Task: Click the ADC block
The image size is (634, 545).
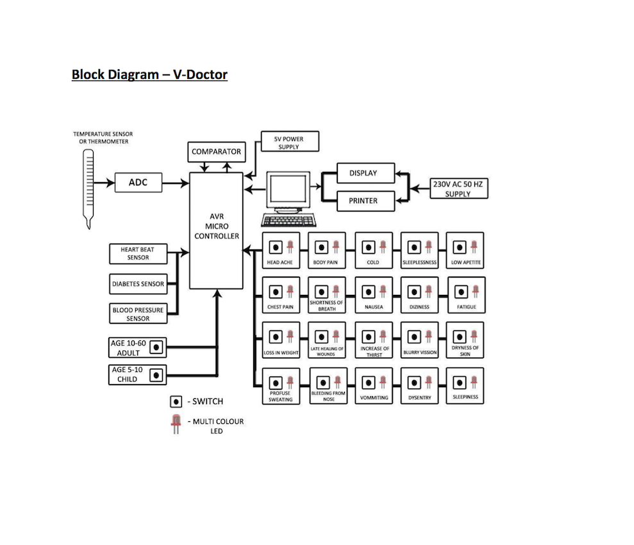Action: coord(138,183)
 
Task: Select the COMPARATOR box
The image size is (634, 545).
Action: coord(217,152)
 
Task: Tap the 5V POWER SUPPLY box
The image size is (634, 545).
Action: coord(289,142)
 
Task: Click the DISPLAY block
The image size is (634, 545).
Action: coord(363,173)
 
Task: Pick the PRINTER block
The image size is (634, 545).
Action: coord(363,201)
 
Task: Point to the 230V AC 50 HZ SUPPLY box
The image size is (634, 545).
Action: coord(458,189)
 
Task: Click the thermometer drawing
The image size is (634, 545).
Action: coord(88,186)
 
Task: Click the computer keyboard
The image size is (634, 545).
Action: coord(289,220)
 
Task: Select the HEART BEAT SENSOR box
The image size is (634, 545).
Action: coord(138,253)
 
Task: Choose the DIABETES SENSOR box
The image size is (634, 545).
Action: coord(138,284)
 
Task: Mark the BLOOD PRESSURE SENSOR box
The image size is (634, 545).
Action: coord(138,314)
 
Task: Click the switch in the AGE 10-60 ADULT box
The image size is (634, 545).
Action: coord(157,348)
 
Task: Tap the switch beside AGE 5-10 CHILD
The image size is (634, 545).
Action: coord(157,374)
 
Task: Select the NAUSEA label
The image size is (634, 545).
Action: coord(374,307)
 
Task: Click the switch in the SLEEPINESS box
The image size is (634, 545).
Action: coord(459,383)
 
